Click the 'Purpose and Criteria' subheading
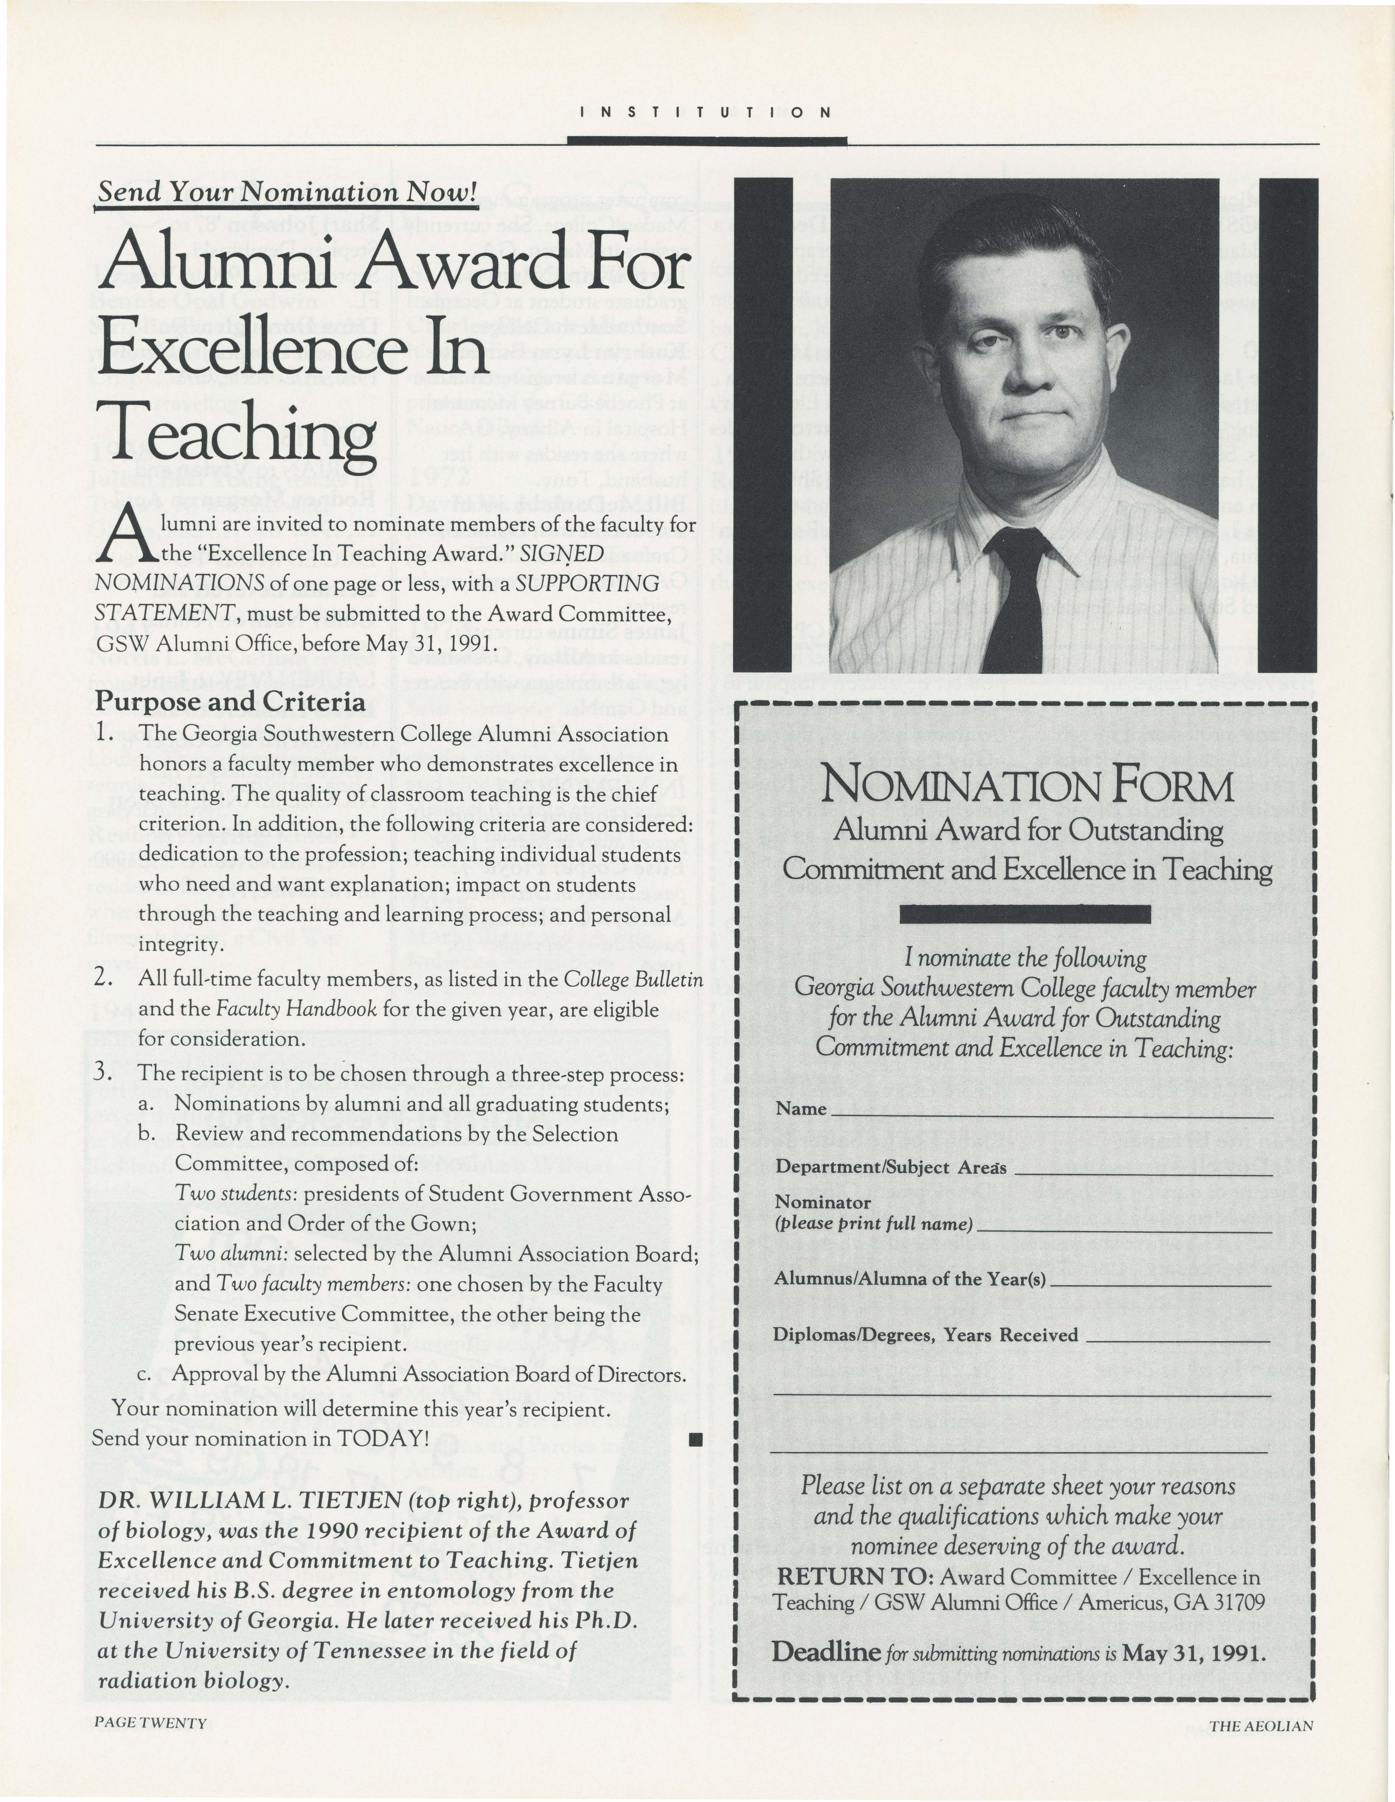(230, 701)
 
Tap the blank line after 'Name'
(1052, 1109)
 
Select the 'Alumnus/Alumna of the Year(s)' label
(910, 1279)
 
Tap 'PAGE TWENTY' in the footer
(150, 1722)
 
